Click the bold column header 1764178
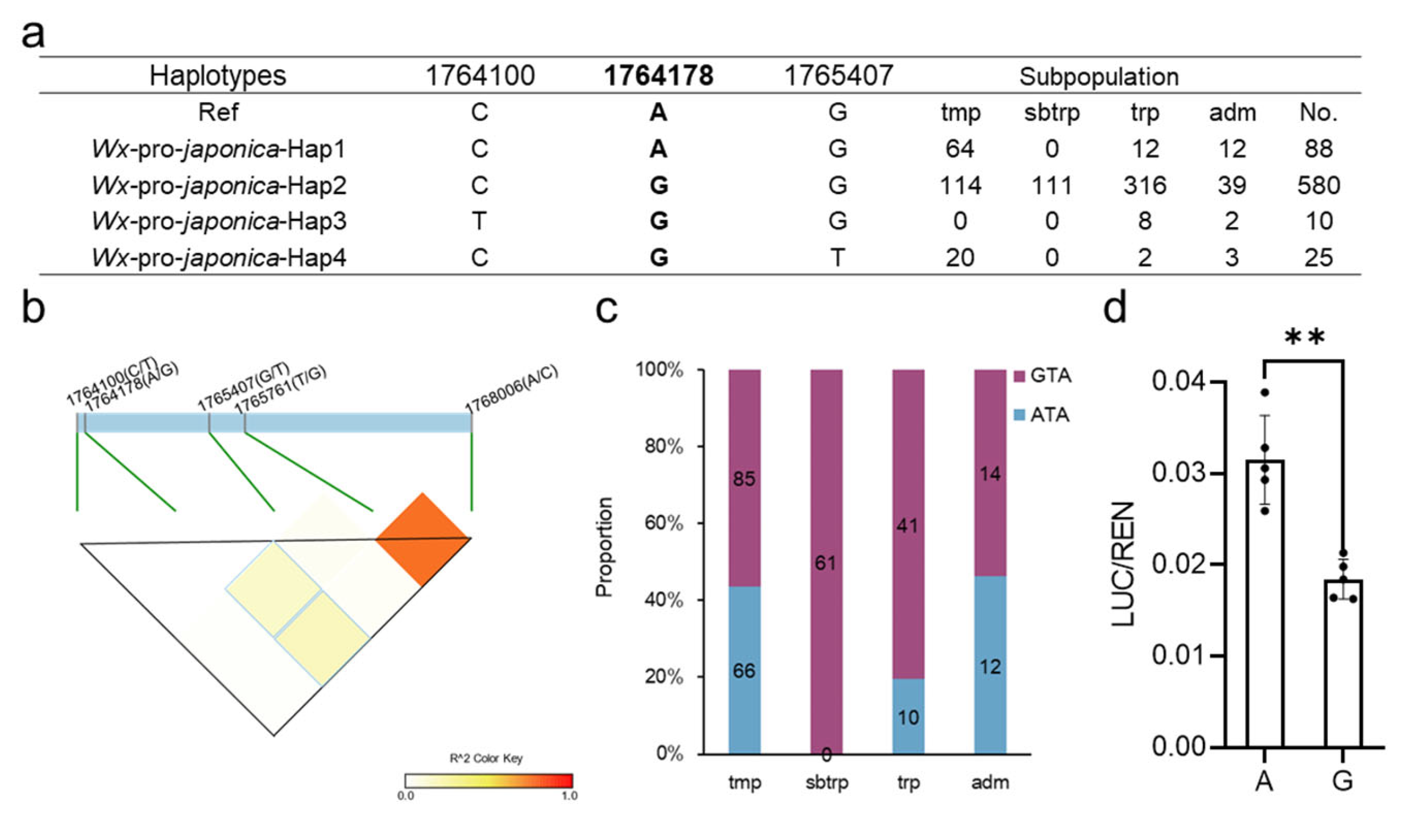click(x=658, y=75)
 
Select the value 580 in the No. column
click(x=1318, y=185)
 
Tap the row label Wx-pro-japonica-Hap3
click(x=218, y=221)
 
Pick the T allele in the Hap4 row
click(x=837, y=257)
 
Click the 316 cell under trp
click(x=1144, y=185)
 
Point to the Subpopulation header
click(x=1099, y=77)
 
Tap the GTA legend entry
click(x=1043, y=375)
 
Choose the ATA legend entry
click(x=1041, y=415)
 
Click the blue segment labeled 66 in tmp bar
click(x=744, y=670)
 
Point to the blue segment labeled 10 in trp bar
click(x=908, y=716)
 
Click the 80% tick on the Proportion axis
click(x=664, y=447)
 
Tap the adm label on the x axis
click(x=990, y=783)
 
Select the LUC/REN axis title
click(x=1123, y=564)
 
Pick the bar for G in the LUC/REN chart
click(x=1343, y=665)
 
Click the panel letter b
click(x=33, y=308)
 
